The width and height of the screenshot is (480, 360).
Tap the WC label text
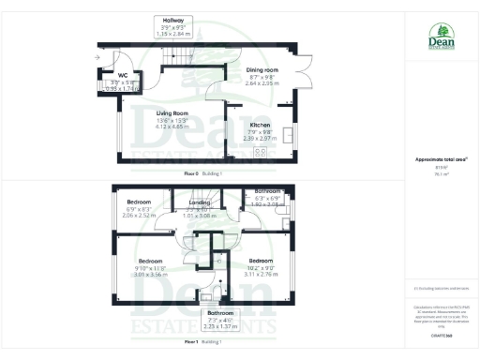(123, 76)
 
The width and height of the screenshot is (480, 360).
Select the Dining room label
(262, 70)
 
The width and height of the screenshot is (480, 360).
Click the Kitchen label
(260, 125)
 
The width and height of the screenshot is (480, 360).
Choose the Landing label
(199, 202)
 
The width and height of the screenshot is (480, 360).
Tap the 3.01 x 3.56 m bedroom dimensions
(151, 274)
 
